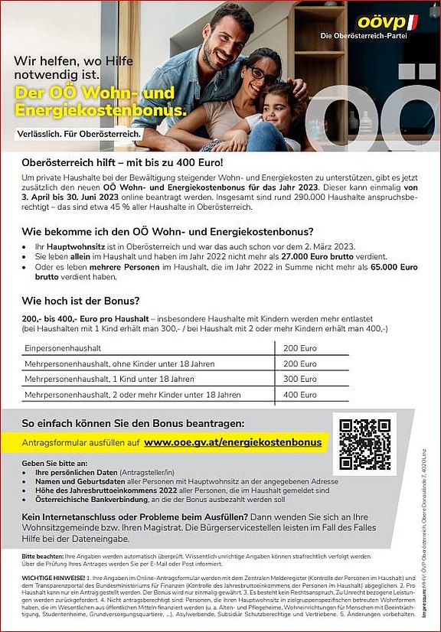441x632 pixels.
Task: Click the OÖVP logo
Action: [386, 22]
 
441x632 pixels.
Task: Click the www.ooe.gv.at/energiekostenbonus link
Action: [233, 442]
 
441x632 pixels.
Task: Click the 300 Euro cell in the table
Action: [300, 379]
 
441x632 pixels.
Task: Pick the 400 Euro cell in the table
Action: [300, 395]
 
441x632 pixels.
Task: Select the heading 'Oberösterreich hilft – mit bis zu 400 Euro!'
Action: [122, 162]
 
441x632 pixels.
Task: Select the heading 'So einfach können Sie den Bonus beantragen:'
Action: [132, 422]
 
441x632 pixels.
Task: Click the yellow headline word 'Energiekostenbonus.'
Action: [100, 112]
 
